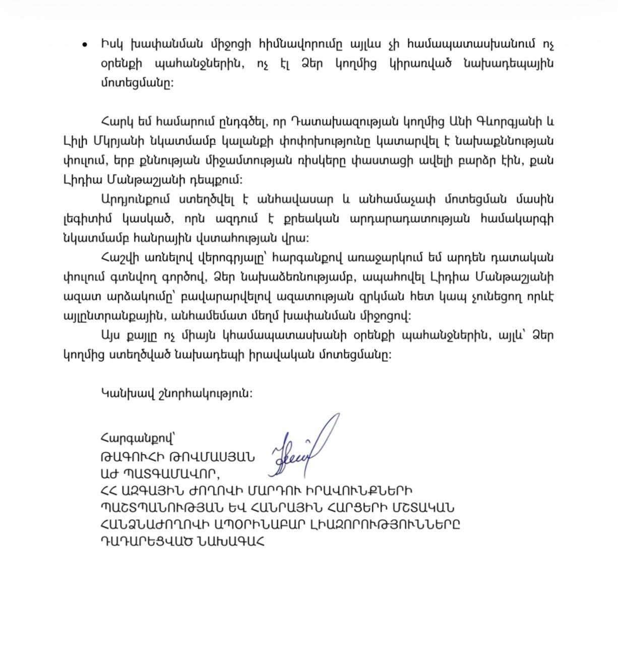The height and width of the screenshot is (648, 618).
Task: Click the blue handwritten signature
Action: coord(302,450)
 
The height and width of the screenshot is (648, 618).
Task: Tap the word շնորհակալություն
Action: coord(197,394)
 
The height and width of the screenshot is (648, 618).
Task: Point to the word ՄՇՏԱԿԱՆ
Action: coord(413,508)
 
